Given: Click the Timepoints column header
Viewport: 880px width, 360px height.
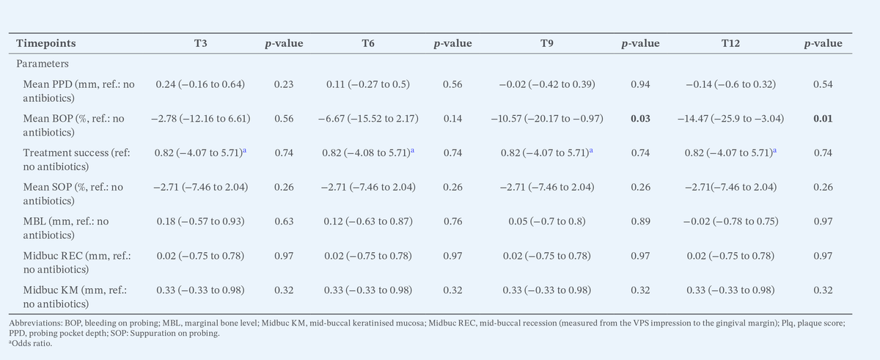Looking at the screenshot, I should (x=45, y=44).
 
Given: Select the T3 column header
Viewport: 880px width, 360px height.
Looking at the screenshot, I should (x=200, y=44).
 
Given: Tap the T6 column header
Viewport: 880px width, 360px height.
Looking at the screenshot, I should (x=369, y=44).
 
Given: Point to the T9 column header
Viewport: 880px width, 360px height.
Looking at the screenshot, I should (x=546, y=44).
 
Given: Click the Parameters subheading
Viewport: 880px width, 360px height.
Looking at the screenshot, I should (x=43, y=64).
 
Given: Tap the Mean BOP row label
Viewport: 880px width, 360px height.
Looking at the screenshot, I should (x=74, y=125).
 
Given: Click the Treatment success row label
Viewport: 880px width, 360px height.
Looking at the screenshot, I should (x=76, y=159).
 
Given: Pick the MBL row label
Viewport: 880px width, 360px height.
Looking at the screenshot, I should (x=69, y=228).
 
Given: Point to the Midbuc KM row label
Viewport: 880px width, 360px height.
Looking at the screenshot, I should (x=76, y=297).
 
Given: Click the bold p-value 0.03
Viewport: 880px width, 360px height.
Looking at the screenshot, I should (x=639, y=118).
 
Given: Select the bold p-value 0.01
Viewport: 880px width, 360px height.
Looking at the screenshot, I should (x=823, y=118).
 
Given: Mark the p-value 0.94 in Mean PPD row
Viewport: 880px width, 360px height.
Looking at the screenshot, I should (x=639, y=84).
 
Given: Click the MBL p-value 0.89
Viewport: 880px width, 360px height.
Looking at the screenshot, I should (x=639, y=221).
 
